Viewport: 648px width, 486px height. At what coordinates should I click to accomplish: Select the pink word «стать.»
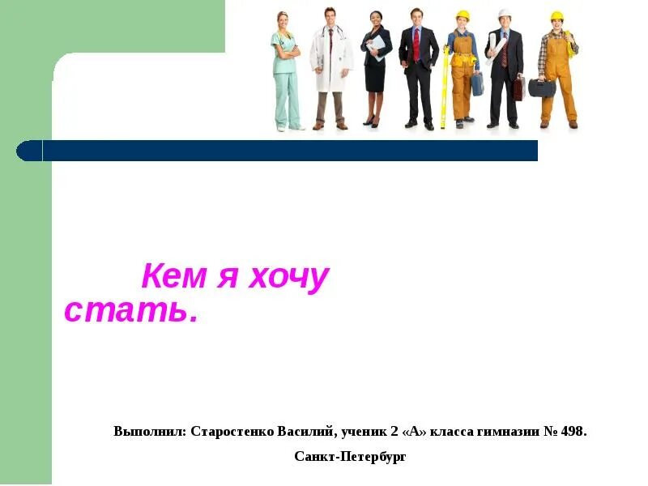pyautogui.click(x=131, y=311)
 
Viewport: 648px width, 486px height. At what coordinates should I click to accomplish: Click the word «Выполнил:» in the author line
pyautogui.click(x=151, y=431)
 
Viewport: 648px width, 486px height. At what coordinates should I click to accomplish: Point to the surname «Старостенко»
pyautogui.click(x=233, y=431)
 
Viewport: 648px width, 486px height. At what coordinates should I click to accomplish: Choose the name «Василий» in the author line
pyautogui.click(x=306, y=431)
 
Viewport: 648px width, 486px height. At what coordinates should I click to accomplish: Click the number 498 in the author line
pyautogui.click(x=572, y=431)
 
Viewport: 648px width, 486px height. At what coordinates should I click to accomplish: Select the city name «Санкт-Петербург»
pyautogui.click(x=350, y=457)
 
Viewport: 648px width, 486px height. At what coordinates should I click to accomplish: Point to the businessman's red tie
pyautogui.click(x=417, y=44)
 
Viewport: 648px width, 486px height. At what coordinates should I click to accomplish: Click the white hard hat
pyautogui.click(x=505, y=14)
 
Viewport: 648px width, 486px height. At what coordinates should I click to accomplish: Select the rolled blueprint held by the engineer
pyautogui.click(x=493, y=45)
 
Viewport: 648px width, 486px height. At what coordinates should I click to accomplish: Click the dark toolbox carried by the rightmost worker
pyautogui.click(x=542, y=87)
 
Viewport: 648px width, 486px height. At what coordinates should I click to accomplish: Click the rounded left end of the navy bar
pyautogui.click(x=28, y=151)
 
